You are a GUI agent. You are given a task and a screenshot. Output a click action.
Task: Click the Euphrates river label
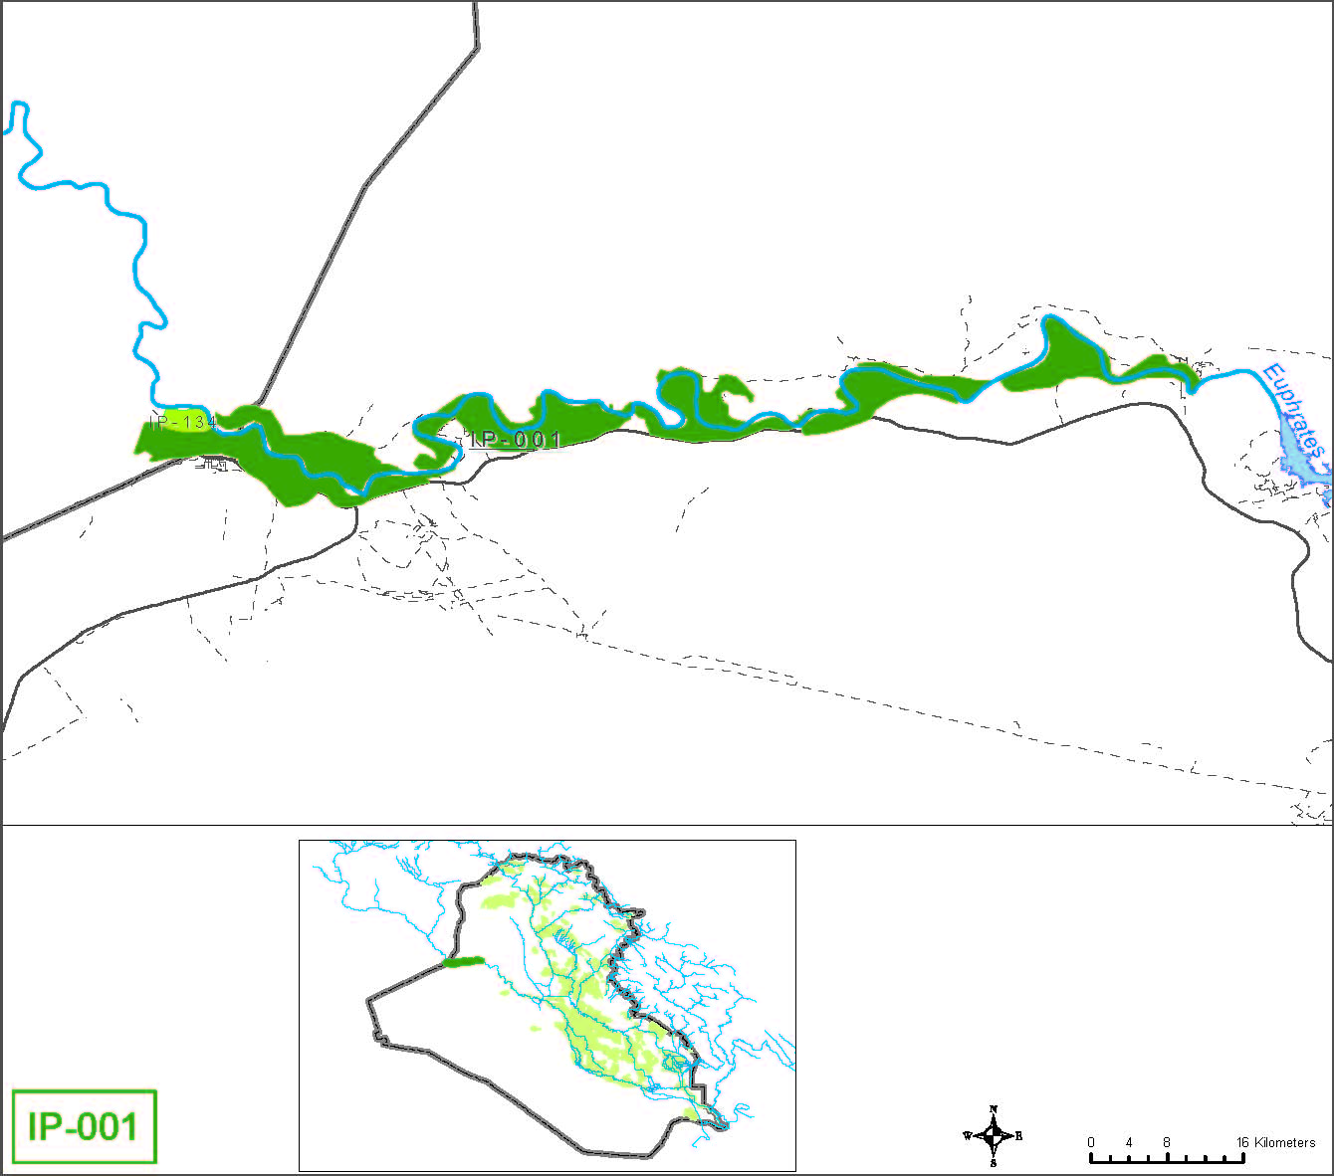tap(1293, 411)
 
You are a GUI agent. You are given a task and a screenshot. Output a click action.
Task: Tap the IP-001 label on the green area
tap(516, 439)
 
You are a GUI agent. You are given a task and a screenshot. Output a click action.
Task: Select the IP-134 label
tap(183, 423)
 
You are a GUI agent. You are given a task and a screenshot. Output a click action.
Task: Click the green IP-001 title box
tap(84, 1126)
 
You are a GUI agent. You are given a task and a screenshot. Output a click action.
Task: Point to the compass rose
tap(993, 1135)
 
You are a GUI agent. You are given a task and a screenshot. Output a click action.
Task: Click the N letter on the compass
tap(993, 1109)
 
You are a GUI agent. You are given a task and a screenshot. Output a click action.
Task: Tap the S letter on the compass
tap(993, 1162)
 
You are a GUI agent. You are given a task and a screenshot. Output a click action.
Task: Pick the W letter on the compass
tap(967, 1135)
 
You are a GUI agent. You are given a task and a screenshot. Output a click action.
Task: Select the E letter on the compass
tap(1018, 1135)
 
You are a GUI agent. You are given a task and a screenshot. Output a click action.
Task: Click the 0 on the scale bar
tap(1090, 1142)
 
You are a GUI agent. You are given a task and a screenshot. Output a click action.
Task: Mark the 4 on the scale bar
tap(1129, 1142)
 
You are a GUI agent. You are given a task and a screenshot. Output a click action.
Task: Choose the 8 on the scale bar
tap(1167, 1142)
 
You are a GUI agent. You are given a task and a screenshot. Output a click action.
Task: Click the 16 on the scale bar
tap(1242, 1142)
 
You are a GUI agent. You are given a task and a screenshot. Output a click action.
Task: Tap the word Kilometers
tap(1285, 1142)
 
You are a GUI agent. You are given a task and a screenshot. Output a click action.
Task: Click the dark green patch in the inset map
tap(463, 962)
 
